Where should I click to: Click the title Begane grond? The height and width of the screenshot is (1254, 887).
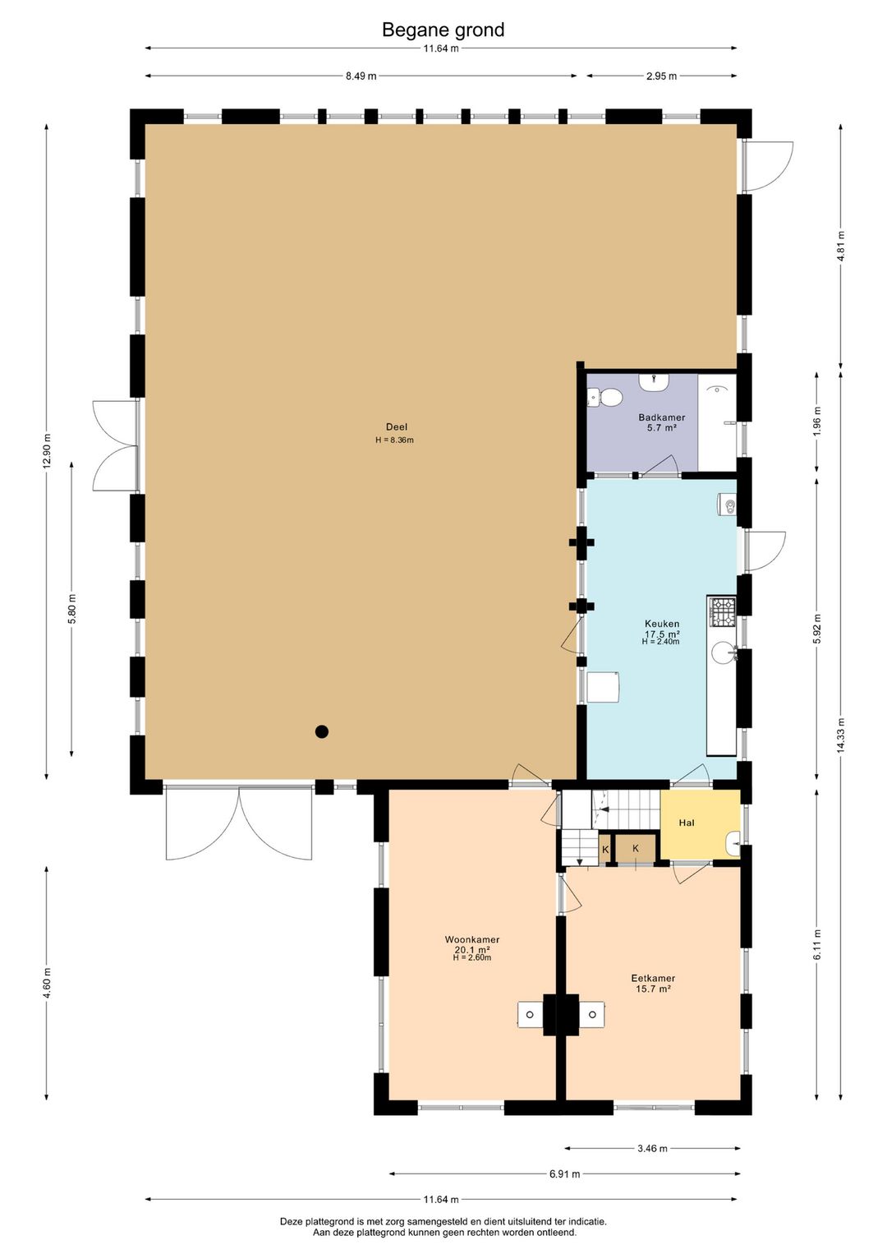tap(443, 30)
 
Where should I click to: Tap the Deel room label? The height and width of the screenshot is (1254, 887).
tap(396, 427)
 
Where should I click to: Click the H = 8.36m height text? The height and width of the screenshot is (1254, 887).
tap(394, 440)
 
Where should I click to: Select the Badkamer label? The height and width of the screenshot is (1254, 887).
tap(661, 417)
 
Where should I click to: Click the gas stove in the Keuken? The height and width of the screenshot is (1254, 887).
tap(723, 611)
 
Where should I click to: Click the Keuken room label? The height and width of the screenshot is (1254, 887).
tap(661, 623)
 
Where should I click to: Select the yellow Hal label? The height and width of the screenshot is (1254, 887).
tap(686, 823)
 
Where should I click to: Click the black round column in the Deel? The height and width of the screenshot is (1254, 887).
tap(321, 731)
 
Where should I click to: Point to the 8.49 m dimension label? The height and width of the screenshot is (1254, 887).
tap(361, 76)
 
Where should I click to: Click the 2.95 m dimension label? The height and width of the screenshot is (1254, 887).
tap(661, 76)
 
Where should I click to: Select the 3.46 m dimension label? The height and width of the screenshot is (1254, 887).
tap(652, 1149)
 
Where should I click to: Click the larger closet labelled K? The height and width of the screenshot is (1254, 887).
tap(635, 849)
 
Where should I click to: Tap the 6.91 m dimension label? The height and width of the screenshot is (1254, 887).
tap(564, 1173)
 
